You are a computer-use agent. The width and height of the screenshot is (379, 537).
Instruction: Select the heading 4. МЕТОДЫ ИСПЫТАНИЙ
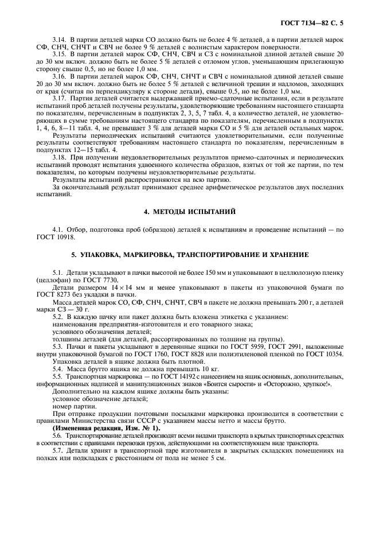(189, 212)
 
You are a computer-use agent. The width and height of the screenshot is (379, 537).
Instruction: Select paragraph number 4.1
(58, 229)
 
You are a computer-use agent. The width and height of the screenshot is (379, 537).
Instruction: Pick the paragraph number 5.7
(58, 451)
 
